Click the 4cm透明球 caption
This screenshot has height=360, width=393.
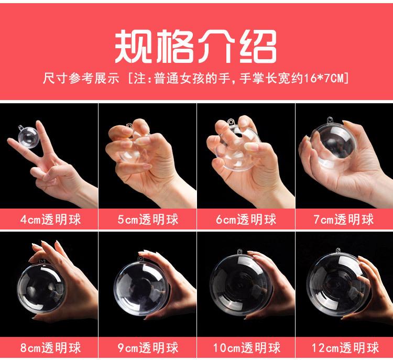click(51, 220)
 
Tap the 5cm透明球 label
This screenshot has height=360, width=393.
click(148, 220)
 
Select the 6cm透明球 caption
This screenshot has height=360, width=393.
click(246, 220)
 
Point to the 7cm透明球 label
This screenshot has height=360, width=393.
click(344, 220)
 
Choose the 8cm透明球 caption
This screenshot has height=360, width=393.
click(51, 348)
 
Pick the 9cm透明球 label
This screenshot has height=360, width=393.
click(148, 348)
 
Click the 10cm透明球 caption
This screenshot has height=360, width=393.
click(247, 348)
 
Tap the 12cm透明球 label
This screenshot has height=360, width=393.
click(345, 348)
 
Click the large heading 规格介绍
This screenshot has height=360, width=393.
click(196, 46)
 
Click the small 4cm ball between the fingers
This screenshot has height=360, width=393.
click(28, 137)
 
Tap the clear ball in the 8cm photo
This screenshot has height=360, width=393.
click(41, 287)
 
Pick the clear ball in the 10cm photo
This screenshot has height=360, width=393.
click(241, 283)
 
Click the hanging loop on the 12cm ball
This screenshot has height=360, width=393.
click(339, 250)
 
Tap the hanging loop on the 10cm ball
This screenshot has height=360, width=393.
click(239, 252)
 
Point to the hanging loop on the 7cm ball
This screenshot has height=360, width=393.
click(330, 120)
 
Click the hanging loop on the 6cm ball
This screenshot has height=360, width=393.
click(231, 122)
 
